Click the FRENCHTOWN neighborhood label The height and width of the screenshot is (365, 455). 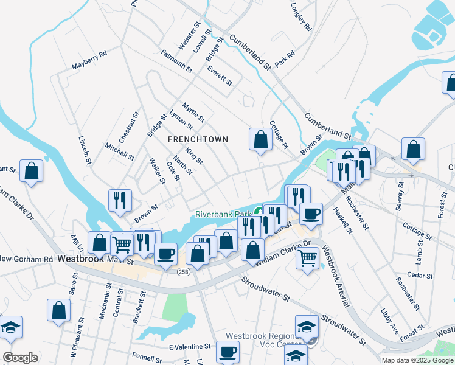click(198, 139)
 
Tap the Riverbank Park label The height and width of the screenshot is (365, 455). click(223, 215)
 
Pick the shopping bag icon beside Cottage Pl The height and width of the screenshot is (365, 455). click(260, 139)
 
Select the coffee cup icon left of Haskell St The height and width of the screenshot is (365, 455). click(311, 214)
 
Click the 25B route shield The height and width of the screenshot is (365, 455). click(184, 272)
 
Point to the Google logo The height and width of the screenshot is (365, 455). click(20, 358)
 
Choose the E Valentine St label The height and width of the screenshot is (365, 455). click(189, 346)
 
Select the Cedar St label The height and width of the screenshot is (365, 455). click(420, 276)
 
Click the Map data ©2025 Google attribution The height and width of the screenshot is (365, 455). click(417, 360)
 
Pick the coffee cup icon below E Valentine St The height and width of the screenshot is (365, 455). click(227, 352)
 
